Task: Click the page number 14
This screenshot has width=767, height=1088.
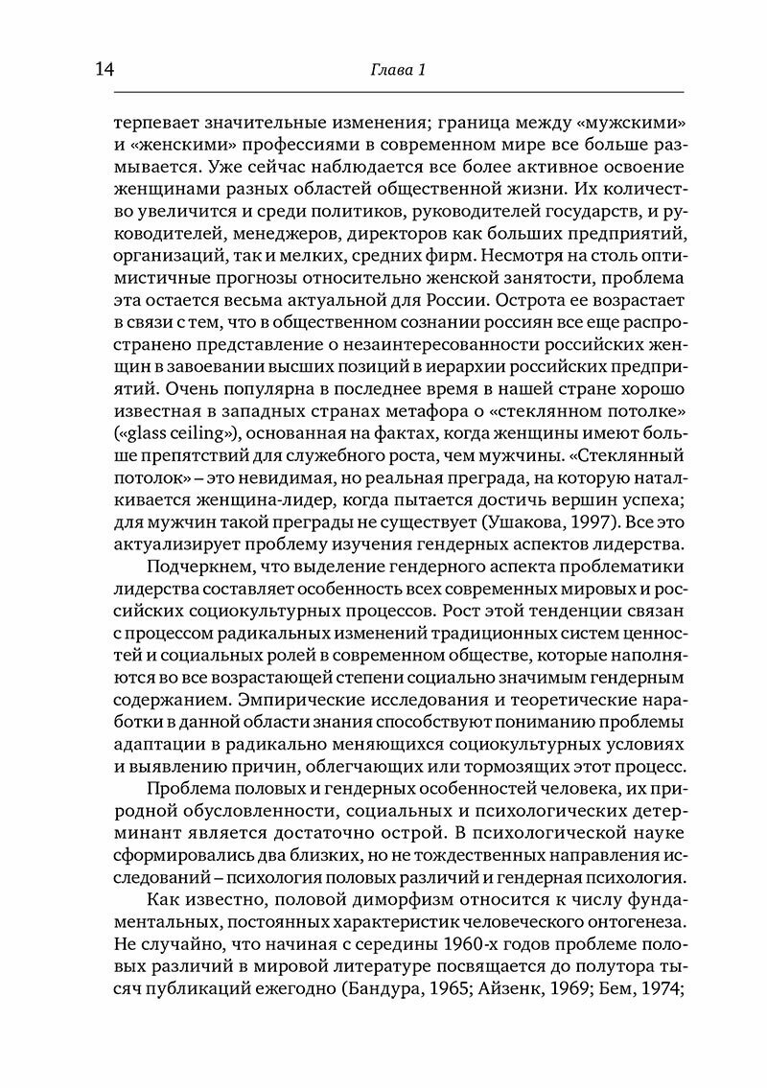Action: click(x=102, y=68)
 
